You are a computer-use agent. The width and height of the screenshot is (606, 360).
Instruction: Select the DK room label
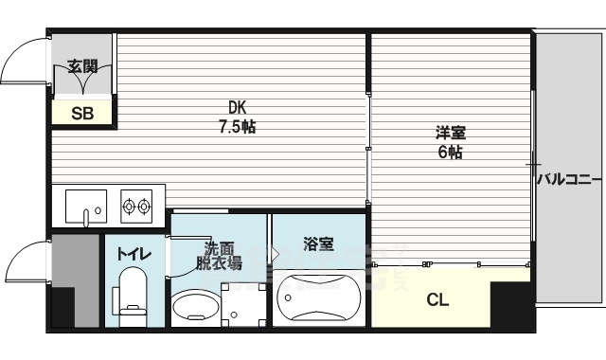click(x=236, y=106)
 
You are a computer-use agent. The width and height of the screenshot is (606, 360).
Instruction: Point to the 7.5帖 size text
click(x=236, y=125)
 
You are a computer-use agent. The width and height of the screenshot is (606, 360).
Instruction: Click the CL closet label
click(x=437, y=300)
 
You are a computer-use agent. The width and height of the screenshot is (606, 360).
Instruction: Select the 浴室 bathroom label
click(x=318, y=244)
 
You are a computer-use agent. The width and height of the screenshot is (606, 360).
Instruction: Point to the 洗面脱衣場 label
click(x=218, y=254)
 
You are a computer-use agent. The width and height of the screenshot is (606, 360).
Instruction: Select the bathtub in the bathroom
click(x=318, y=298)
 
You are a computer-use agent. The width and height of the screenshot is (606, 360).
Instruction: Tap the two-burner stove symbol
click(x=137, y=204)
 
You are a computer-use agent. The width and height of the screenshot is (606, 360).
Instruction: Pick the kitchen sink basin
click(x=84, y=204)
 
